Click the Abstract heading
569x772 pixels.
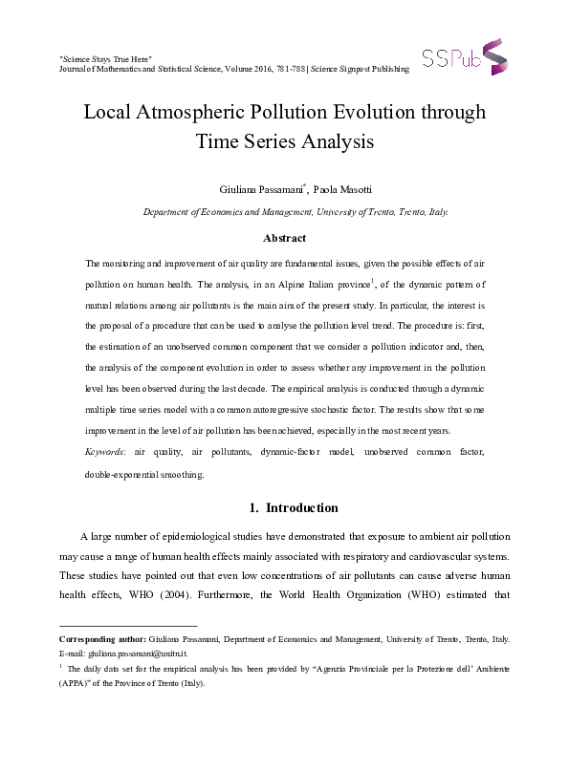284,238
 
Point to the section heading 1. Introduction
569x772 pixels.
284,507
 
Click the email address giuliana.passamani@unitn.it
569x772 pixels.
137,653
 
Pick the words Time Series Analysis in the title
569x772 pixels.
284,142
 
